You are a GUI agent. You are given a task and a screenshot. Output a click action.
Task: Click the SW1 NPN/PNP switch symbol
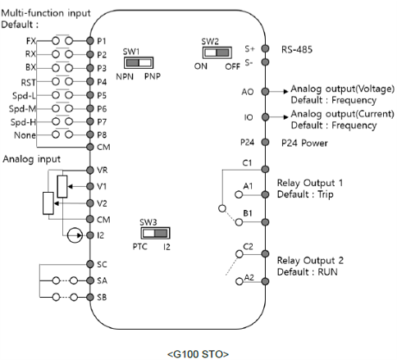tap(139, 63)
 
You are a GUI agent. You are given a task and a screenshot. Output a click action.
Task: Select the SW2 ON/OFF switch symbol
tap(217, 52)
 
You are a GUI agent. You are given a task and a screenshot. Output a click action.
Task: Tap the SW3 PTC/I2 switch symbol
tap(155, 233)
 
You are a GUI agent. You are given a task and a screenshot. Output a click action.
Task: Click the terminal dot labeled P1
tap(90, 41)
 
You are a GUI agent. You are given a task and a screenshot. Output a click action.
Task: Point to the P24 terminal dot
tap(265, 142)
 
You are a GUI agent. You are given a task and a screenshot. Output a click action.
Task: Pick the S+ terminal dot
tap(265, 48)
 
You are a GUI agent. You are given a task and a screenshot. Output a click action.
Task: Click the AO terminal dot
tap(265, 92)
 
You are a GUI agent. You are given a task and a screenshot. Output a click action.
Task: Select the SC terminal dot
tap(90, 264)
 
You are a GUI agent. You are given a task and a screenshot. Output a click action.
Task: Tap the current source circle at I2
tap(75, 235)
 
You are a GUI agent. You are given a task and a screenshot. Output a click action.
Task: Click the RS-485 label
tap(297, 49)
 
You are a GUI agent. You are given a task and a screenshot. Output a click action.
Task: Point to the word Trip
tap(326, 194)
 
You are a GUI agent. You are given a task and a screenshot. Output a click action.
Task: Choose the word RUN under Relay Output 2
tap(327, 272)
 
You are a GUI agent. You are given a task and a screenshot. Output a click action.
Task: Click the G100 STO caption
tap(198, 354)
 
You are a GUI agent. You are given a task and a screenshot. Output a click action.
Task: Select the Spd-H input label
tap(23, 122)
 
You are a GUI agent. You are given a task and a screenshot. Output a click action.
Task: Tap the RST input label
tap(29, 82)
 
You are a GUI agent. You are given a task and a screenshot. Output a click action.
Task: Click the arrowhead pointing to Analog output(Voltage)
tap(286, 92)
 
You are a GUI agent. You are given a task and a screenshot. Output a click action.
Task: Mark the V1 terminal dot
tap(90, 186)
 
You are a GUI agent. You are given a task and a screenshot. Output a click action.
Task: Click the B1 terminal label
tap(248, 213)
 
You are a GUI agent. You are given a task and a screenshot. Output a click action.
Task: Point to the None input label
tap(25, 135)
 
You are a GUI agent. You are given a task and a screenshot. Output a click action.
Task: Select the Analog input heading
tap(31, 159)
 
